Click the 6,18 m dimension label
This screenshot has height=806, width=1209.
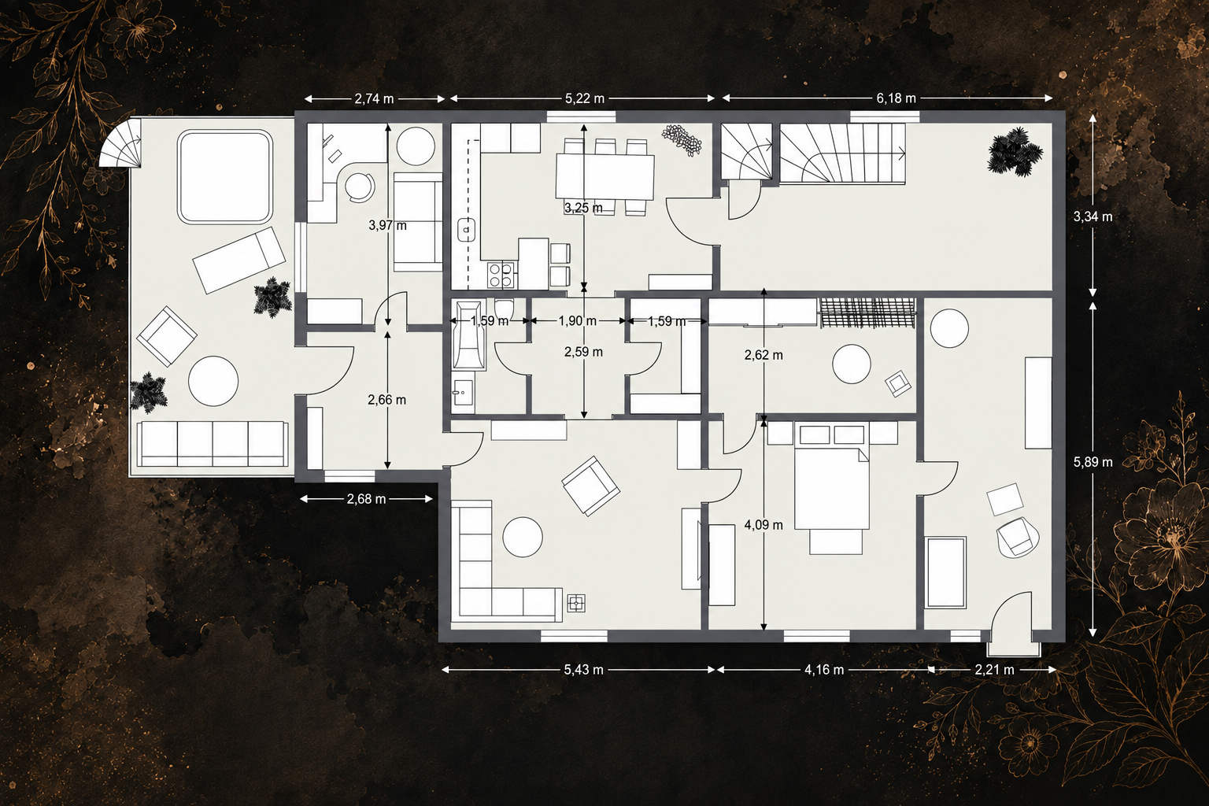click(896, 98)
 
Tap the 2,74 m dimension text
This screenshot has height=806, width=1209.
click(374, 99)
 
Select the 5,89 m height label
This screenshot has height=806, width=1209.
click(1093, 462)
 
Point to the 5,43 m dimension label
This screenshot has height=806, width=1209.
click(583, 670)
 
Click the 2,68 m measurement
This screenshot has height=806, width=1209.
click(366, 499)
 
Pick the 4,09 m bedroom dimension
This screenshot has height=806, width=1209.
click(763, 525)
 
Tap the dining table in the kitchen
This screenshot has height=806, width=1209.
click(605, 176)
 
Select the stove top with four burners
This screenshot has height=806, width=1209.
click(501, 274)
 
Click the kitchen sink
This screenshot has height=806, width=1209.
click(466, 231)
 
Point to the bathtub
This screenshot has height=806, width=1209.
click(470, 335)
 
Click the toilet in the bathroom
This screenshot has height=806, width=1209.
click(504, 309)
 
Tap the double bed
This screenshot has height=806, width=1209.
click(832, 489)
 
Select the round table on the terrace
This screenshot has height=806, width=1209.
click(213, 381)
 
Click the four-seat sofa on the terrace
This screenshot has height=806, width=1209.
click(213, 444)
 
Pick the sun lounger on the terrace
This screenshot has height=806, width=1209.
click(239, 260)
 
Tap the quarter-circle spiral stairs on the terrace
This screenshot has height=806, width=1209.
click(121, 143)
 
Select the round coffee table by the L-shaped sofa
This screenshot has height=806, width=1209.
click(523, 537)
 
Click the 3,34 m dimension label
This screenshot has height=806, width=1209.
click(1093, 217)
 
